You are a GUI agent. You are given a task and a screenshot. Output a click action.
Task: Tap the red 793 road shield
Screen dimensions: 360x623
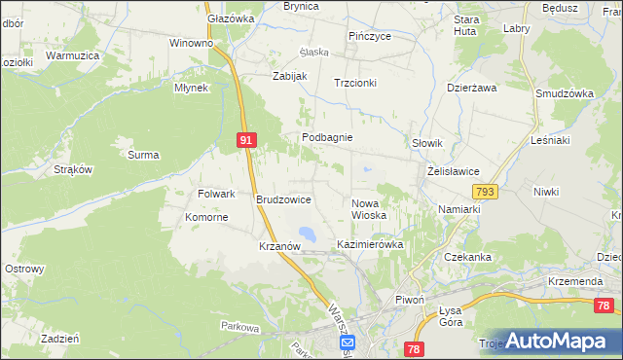[x=487, y=192]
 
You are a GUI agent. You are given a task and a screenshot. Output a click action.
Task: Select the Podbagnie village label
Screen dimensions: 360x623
[x=326, y=138]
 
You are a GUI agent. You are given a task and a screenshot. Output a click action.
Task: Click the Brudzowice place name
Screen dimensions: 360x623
[x=283, y=199]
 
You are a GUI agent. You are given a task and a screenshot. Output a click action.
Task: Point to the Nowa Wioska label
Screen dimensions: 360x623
[x=369, y=208]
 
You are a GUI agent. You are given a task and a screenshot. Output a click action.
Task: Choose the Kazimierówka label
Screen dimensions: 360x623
[x=370, y=244]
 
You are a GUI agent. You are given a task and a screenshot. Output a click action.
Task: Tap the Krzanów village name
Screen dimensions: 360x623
[x=278, y=247]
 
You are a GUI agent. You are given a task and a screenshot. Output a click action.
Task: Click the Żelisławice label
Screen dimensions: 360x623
[x=454, y=171]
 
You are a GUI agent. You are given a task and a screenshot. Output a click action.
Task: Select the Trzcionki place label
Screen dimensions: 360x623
[x=354, y=84]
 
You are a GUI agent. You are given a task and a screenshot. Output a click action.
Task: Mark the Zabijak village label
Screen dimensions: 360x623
[x=290, y=76]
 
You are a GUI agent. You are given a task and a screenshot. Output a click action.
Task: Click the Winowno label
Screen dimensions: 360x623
[x=191, y=44]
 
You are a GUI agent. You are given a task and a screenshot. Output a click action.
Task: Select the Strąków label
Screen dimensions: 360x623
[x=73, y=169]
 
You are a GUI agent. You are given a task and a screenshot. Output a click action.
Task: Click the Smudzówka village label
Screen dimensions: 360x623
[x=565, y=93]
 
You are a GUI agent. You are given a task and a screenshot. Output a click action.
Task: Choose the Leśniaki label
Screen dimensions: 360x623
[x=550, y=140]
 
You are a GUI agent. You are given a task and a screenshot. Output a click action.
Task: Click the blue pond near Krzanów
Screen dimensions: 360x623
[x=308, y=234]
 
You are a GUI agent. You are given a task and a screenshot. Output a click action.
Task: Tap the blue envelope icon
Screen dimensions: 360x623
[x=348, y=342]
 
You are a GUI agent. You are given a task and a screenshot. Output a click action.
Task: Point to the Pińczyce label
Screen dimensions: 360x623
[x=370, y=36]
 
